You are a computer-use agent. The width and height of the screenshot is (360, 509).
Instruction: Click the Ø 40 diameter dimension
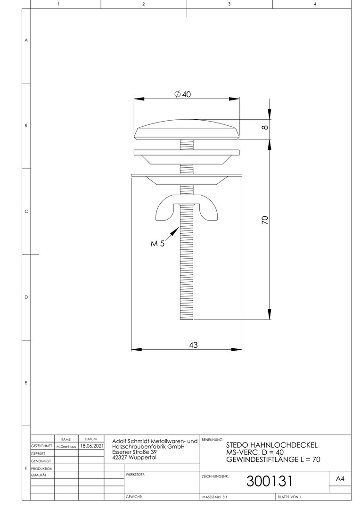click(x=183, y=94)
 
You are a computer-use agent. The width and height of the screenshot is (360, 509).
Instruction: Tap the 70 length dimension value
click(x=265, y=220)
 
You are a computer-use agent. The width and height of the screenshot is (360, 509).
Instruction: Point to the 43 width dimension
click(x=193, y=345)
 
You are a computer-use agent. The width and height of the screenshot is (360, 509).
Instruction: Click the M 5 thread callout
click(x=157, y=243)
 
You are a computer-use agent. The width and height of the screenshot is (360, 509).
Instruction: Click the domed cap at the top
click(x=187, y=130)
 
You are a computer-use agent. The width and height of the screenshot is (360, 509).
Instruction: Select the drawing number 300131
click(x=270, y=481)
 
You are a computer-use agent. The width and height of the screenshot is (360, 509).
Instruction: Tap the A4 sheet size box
click(x=340, y=478)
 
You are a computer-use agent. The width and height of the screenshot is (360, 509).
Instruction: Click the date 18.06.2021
click(x=92, y=446)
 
